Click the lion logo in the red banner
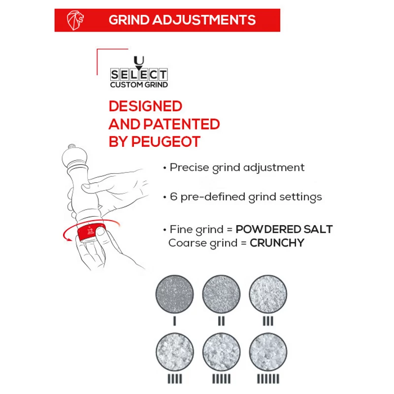click(x=75, y=20)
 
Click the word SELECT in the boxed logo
click(x=139, y=75)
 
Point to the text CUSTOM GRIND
click(x=139, y=85)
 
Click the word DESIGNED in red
click(x=145, y=106)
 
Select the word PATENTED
click(x=182, y=124)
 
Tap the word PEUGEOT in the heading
click(x=166, y=142)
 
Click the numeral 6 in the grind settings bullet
click(x=173, y=197)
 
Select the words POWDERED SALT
click(x=284, y=229)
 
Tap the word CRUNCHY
click(x=277, y=243)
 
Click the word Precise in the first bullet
click(x=189, y=167)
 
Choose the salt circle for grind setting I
click(x=175, y=294)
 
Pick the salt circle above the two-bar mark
click(x=221, y=294)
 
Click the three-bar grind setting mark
click(x=268, y=321)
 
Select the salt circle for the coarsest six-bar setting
click(x=268, y=352)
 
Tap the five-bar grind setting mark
click(x=221, y=379)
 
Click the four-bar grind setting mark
click(x=175, y=379)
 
